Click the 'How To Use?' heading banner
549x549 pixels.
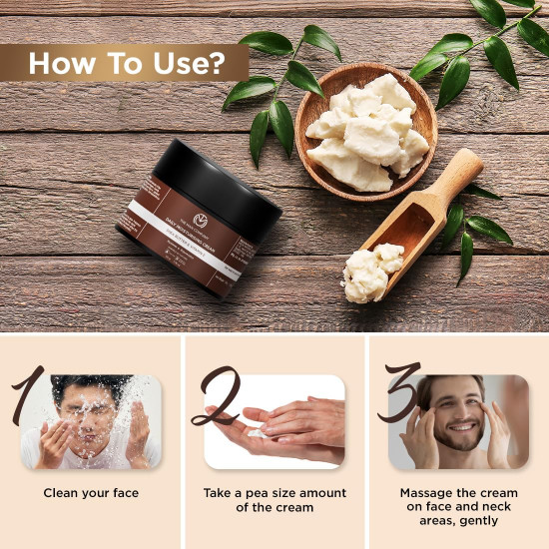tap(125, 63)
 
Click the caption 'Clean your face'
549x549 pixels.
tap(91, 493)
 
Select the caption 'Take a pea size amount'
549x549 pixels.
tap(274, 493)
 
